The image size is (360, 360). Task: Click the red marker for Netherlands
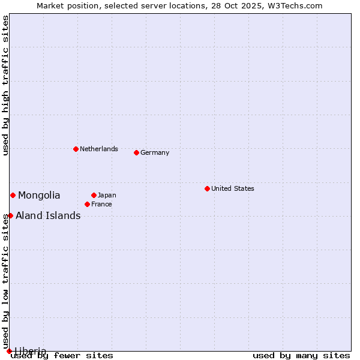coord(76,149)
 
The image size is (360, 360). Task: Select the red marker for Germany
coord(136,152)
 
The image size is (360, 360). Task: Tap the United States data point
coord(207,188)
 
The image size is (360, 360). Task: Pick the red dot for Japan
coord(94,195)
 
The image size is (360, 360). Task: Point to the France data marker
coord(87,204)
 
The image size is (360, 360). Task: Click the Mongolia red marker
coord(13,195)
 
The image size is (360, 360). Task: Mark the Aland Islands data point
coord(10,215)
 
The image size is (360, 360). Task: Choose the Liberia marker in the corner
coord(9,351)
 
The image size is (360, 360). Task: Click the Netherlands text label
coord(99,149)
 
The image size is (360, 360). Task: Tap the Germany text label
coord(155,152)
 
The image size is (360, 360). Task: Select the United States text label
coord(233,188)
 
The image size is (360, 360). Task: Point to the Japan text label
coord(107,195)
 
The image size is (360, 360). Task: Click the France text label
coord(101,204)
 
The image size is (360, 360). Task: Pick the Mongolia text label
coord(39,195)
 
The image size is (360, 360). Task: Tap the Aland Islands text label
coord(48,215)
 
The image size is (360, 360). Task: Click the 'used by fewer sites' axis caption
coord(62,355)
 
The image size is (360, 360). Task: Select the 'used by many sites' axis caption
coord(301,355)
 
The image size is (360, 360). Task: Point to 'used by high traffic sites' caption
coord(5,85)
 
